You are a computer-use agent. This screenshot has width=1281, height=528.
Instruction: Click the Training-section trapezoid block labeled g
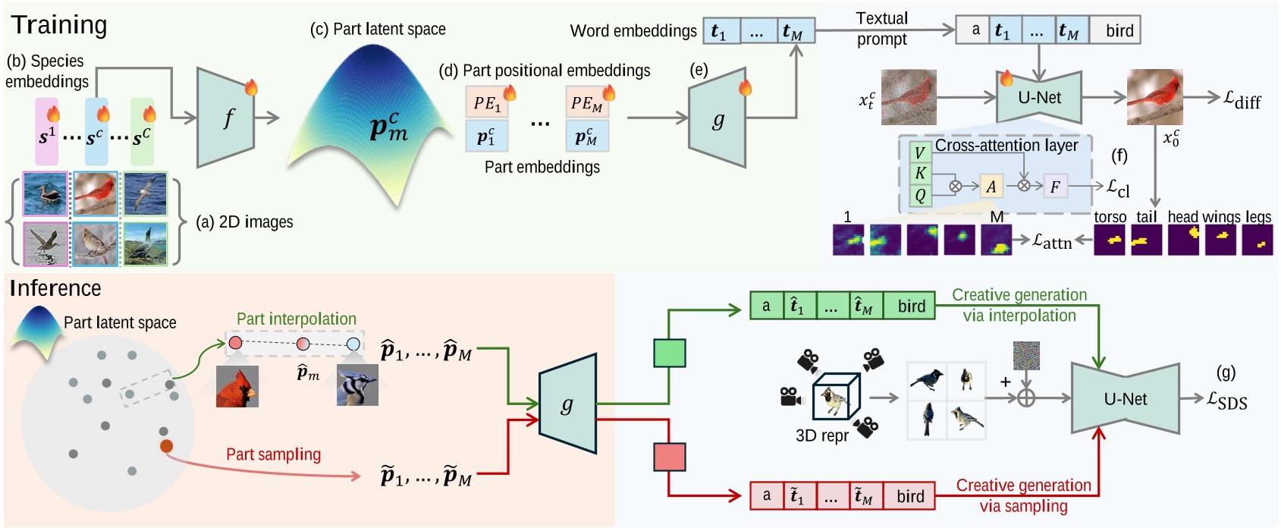[x=717, y=119]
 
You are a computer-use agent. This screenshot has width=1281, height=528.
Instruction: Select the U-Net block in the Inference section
[x=1125, y=399]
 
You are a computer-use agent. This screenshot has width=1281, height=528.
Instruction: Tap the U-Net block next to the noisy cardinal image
[x=1039, y=97]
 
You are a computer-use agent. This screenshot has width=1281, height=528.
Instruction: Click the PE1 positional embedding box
[x=486, y=102]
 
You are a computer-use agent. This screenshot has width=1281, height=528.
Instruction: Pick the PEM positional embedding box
[x=586, y=102]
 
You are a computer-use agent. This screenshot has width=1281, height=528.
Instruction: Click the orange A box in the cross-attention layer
[x=991, y=187]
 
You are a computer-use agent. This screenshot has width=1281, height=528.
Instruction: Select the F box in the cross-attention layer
[x=1055, y=187]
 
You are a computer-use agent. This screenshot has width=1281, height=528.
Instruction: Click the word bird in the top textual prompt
[x=1119, y=31]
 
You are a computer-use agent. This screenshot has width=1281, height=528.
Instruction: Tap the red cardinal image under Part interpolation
[x=237, y=386]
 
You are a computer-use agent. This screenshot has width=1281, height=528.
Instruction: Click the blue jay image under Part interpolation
[x=357, y=385]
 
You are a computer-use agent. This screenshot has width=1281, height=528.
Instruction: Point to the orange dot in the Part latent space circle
[x=166, y=446]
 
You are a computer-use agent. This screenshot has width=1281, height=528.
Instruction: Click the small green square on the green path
[x=669, y=354]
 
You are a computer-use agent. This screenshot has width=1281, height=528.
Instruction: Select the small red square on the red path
[x=669, y=457]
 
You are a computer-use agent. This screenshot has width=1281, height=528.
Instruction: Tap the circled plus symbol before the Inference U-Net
[x=1025, y=398]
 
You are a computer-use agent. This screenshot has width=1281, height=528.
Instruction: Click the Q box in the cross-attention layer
[x=920, y=196]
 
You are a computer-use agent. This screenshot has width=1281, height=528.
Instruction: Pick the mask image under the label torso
[x=1110, y=240]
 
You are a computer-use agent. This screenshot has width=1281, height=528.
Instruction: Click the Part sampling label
[x=273, y=454]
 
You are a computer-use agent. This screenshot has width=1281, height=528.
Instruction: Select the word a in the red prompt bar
[x=766, y=495]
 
